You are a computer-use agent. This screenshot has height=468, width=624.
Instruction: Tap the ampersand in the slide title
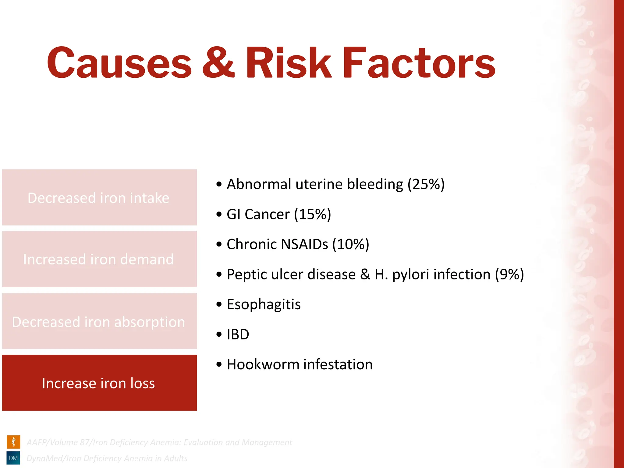pyautogui.click(x=218, y=63)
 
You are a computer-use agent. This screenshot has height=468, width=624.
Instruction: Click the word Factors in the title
pyautogui.click(x=419, y=63)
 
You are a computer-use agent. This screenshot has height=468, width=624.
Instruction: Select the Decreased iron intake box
pyautogui.click(x=99, y=198)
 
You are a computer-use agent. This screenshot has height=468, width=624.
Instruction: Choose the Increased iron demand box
pyautogui.click(x=99, y=259)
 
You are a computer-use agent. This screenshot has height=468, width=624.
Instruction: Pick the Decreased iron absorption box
pyautogui.click(x=99, y=321)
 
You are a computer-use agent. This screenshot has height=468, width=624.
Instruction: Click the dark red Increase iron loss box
pyautogui.click(x=99, y=383)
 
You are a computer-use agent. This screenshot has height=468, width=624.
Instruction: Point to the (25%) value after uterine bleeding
pyautogui.click(x=426, y=184)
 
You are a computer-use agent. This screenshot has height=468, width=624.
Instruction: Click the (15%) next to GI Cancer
pyautogui.click(x=312, y=214)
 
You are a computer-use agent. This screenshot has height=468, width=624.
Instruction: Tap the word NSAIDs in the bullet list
pyautogui.click(x=304, y=244)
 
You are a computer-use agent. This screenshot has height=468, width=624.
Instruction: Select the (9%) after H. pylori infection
pyautogui.click(x=509, y=275)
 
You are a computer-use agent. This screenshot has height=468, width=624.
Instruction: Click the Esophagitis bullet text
pyautogui.click(x=264, y=304)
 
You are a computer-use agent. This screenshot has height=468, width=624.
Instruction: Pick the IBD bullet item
pyautogui.click(x=238, y=335)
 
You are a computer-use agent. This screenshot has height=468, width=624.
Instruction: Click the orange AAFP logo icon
pyautogui.click(x=13, y=442)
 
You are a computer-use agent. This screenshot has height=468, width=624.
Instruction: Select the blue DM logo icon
pyautogui.click(x=13, y=458)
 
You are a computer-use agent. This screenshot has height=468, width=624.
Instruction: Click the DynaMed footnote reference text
pyautogui.click(x=107, y=458)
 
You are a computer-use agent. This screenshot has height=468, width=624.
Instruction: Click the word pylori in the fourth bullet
pyautogui.click(x=410, y=275)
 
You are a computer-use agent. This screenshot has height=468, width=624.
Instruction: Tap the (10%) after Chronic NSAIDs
pyautogui.click(x=350, y=244)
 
